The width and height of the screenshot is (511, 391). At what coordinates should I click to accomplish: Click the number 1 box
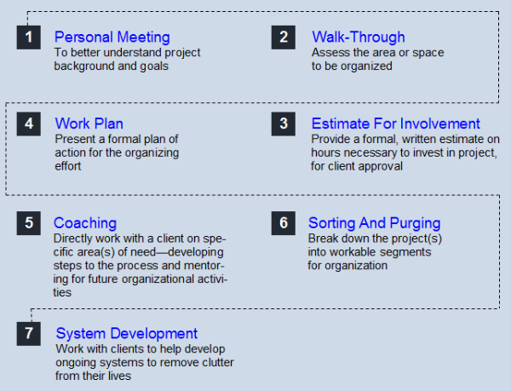[x=29, y=37]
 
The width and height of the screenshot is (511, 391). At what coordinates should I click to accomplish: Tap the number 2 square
[x=284, y=37]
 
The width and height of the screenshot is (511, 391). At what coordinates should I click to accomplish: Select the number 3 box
[x=284, y=124]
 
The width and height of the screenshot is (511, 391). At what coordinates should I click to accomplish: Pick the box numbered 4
[x=29, y=124]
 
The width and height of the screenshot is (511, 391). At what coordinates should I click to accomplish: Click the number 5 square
[x=29, y=223]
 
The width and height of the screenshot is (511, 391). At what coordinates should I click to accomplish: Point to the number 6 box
[x=284, y=223]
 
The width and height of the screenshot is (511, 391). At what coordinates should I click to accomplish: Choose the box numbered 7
[x=29, y=334]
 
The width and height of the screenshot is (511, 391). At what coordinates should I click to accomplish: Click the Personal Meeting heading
[x=112, y=37]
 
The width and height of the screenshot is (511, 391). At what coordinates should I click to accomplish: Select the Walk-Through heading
[x=359, y=37]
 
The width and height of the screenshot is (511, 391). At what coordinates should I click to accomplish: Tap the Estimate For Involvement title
[x=396, y=124]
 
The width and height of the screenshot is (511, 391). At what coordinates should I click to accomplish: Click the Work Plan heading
[x=89, y=124]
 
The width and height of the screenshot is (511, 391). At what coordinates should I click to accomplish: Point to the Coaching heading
[x=85, y=224]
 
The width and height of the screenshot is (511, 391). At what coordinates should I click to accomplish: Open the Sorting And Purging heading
[x=375, y=224]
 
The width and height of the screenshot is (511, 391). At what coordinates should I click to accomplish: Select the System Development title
[x=127, y=334]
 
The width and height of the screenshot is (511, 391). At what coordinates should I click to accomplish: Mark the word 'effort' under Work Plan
[x=68, y=166]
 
